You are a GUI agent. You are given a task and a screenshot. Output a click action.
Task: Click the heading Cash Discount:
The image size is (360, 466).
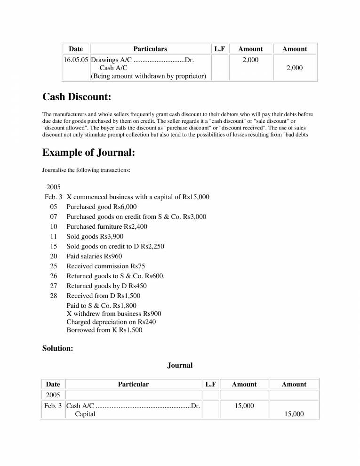point(77,97)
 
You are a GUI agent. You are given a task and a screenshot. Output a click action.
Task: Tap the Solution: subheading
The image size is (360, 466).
point(57,348)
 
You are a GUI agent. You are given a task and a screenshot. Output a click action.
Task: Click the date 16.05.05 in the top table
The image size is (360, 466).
point(76,60)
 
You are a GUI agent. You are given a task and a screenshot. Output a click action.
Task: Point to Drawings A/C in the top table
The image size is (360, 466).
point(111,60)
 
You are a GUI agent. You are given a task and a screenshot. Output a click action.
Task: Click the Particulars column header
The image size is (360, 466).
point(150,48)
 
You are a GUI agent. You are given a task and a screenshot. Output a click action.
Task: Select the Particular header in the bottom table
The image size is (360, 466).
point(133,384)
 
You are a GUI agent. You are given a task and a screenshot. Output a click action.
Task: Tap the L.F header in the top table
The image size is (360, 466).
point(219,48)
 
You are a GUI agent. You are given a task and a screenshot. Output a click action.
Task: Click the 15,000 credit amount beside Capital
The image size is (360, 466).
point(294,414)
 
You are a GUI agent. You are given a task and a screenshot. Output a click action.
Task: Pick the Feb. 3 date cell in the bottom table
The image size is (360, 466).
point(53,405)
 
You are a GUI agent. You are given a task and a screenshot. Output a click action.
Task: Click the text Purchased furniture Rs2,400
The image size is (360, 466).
point(107,226)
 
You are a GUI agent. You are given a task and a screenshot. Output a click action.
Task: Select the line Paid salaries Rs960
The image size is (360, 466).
point(94,256)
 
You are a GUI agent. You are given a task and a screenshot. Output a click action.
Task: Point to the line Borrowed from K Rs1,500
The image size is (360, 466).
point(104,330)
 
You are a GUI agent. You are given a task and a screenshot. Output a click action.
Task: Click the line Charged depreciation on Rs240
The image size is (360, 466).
point(111,322)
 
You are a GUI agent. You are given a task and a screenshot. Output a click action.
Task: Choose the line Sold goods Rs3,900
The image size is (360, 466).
point(95,236)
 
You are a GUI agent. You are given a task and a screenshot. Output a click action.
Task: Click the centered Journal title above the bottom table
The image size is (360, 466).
point(180,365)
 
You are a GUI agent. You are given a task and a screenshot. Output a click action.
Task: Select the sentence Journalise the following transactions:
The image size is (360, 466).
point(86,170)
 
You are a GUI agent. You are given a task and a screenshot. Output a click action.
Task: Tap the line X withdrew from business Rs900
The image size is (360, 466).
point(114,313)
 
